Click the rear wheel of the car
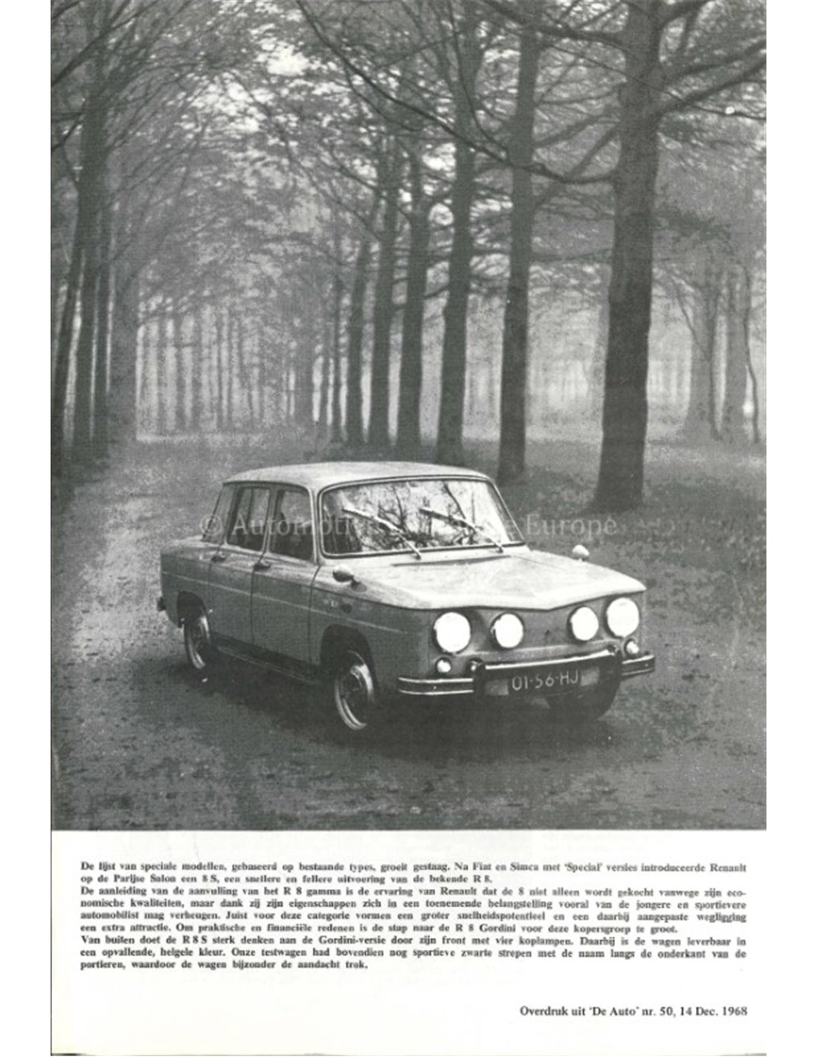198,639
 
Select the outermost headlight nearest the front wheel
452,632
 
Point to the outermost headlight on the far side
622,616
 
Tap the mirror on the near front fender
344,574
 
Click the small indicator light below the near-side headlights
443,665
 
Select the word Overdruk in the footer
546,1010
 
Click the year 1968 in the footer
732,1010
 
